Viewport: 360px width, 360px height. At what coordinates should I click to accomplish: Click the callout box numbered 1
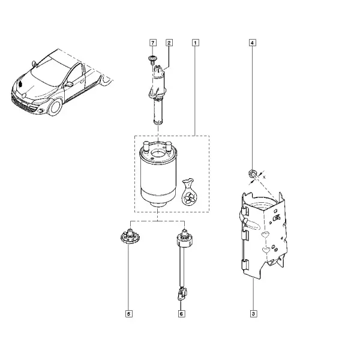pyautogui.click(x=195, y=43)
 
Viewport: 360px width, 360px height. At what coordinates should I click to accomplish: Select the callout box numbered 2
pyautogui.click(x=169, y=43)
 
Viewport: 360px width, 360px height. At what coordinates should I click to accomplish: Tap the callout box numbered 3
pyautogui.click(x=253, y=314)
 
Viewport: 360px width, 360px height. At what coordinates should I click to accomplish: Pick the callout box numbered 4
pyautogui.click(x=252, y=43)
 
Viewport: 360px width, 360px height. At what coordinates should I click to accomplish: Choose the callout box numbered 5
pyautogui.click(x=129, y=314)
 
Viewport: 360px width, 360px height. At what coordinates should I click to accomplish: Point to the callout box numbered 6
pyautogui.click(x=181, y=314)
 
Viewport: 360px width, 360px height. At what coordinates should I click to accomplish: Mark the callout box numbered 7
pyautogui.click(x=152, y=43)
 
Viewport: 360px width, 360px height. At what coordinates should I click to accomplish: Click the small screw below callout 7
pyautogui.click(x=152, y=59)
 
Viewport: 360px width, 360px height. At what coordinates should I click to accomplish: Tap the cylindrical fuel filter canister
pyautogui.click(x=158, y=174)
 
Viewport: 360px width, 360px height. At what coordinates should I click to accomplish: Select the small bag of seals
pyautogui.click(x=190, y=192)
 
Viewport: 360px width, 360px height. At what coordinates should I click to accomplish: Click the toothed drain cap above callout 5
pyautogui.click(x=130, y=236)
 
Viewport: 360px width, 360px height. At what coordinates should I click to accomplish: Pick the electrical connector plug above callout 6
pyautogui.click(x=182, y=294)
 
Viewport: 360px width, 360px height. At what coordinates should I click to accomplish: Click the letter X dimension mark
pyautogui.click(x=264, y=177)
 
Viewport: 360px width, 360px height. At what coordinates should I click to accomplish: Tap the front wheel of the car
pyautogui.click(x=55, y=107)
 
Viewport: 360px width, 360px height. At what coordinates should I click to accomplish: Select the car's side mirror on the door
pyautogui.click(x=69, y=84)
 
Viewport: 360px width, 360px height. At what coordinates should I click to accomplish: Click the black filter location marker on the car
pyautogui.click(x=20, y=84)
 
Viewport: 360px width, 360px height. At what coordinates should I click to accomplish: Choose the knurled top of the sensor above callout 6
pyautogui.click(x=185, y=238)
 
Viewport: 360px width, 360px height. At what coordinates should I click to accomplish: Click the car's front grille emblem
pyautogui.click(x=24, y=95)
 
